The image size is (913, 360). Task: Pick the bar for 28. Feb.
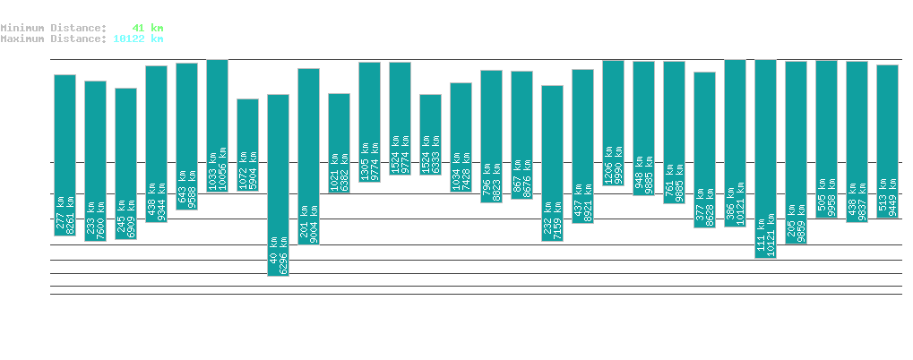pos(430,134)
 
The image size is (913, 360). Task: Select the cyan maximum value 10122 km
pos(138,39)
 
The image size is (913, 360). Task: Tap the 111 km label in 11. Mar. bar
pos(760,235)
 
